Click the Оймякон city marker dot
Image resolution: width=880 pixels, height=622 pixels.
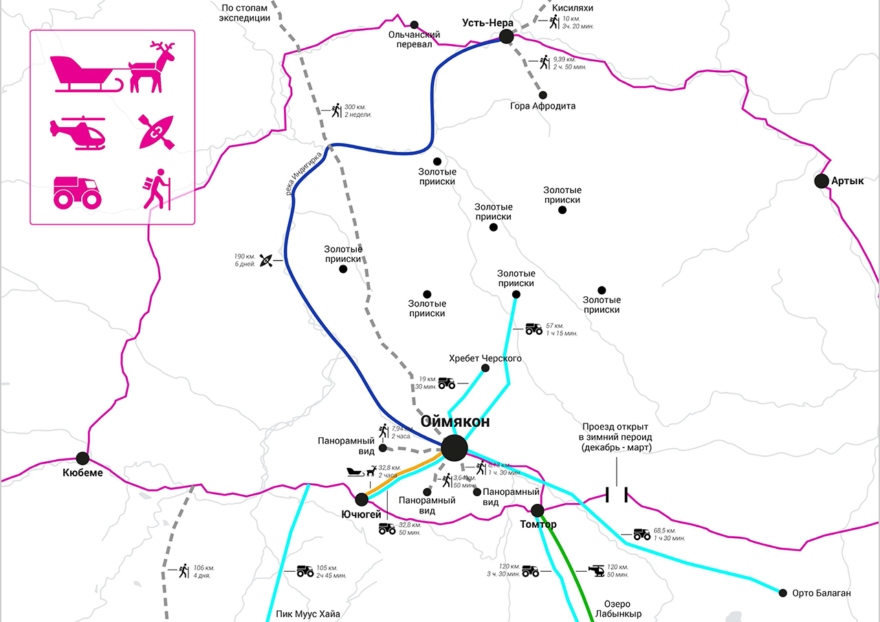click(454, 448)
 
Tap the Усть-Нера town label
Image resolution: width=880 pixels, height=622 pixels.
click(488, 23)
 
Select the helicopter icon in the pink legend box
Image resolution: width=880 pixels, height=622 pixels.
click(78, 132)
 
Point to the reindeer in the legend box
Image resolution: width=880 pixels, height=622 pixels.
click(153, 67)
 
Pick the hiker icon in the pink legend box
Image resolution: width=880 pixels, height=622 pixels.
click(157, 188)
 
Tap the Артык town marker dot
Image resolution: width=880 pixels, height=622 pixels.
click(821, 181)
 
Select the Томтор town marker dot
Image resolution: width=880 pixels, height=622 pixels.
click(538, 509)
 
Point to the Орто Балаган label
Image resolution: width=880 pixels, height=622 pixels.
click(822, 593)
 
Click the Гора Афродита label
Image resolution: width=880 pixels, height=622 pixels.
click(543, 106)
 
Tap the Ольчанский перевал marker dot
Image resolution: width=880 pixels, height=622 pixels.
click(414, 24)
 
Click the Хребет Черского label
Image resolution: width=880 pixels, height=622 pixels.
click(485, 358)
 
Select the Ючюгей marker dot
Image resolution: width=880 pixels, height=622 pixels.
click(362, 499)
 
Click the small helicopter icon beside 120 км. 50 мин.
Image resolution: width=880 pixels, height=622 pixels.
click(596, 570)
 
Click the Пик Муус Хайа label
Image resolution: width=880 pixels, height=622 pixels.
click(308, 614)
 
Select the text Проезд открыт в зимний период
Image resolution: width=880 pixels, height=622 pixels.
click(617, 437)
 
